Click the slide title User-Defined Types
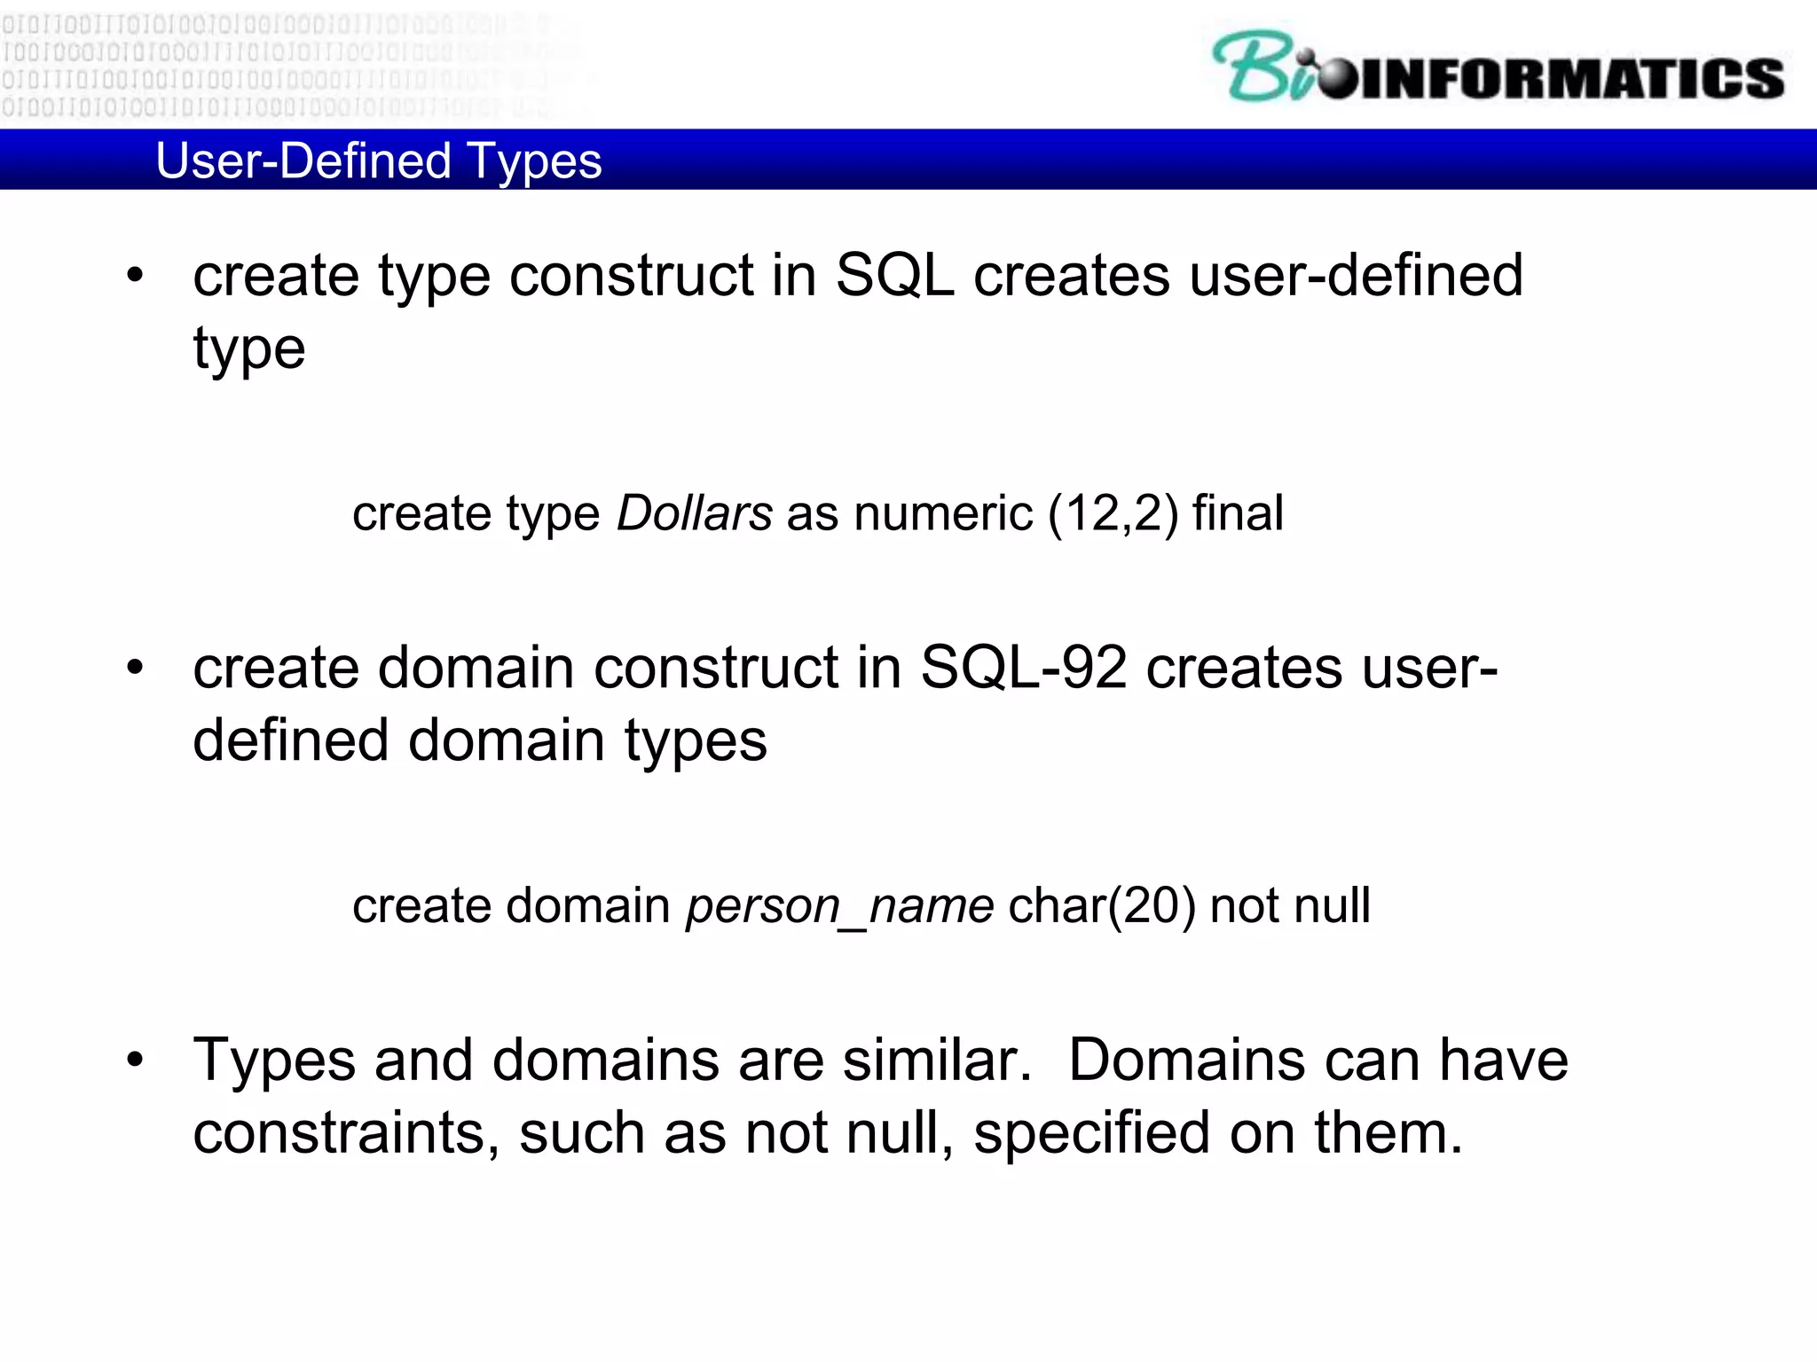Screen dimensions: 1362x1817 click(378, 161)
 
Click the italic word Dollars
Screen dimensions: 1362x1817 click(694, 513)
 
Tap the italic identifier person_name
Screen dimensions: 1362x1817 click(839, 906)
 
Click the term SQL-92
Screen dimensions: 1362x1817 click(1023, 667)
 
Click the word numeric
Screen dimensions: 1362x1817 click(942, 513)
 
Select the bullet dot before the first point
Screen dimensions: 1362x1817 click(135, 275)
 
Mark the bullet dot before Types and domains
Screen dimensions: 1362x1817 click(135, 1059)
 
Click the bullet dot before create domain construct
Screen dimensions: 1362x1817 click(135, 667)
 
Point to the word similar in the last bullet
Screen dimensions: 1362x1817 click(936, 1060)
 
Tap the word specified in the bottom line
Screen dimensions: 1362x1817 click(1091, 1133)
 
